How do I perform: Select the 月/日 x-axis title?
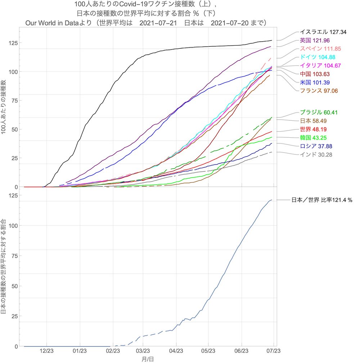pos(148,359)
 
